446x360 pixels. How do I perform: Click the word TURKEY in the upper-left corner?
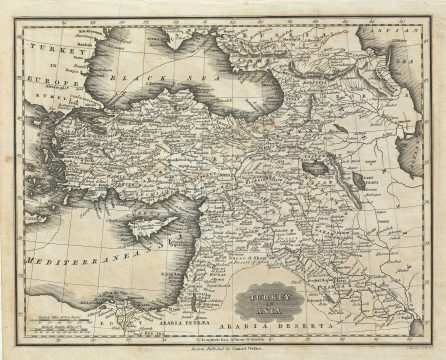pyautogui.click(x=44, y=48)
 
